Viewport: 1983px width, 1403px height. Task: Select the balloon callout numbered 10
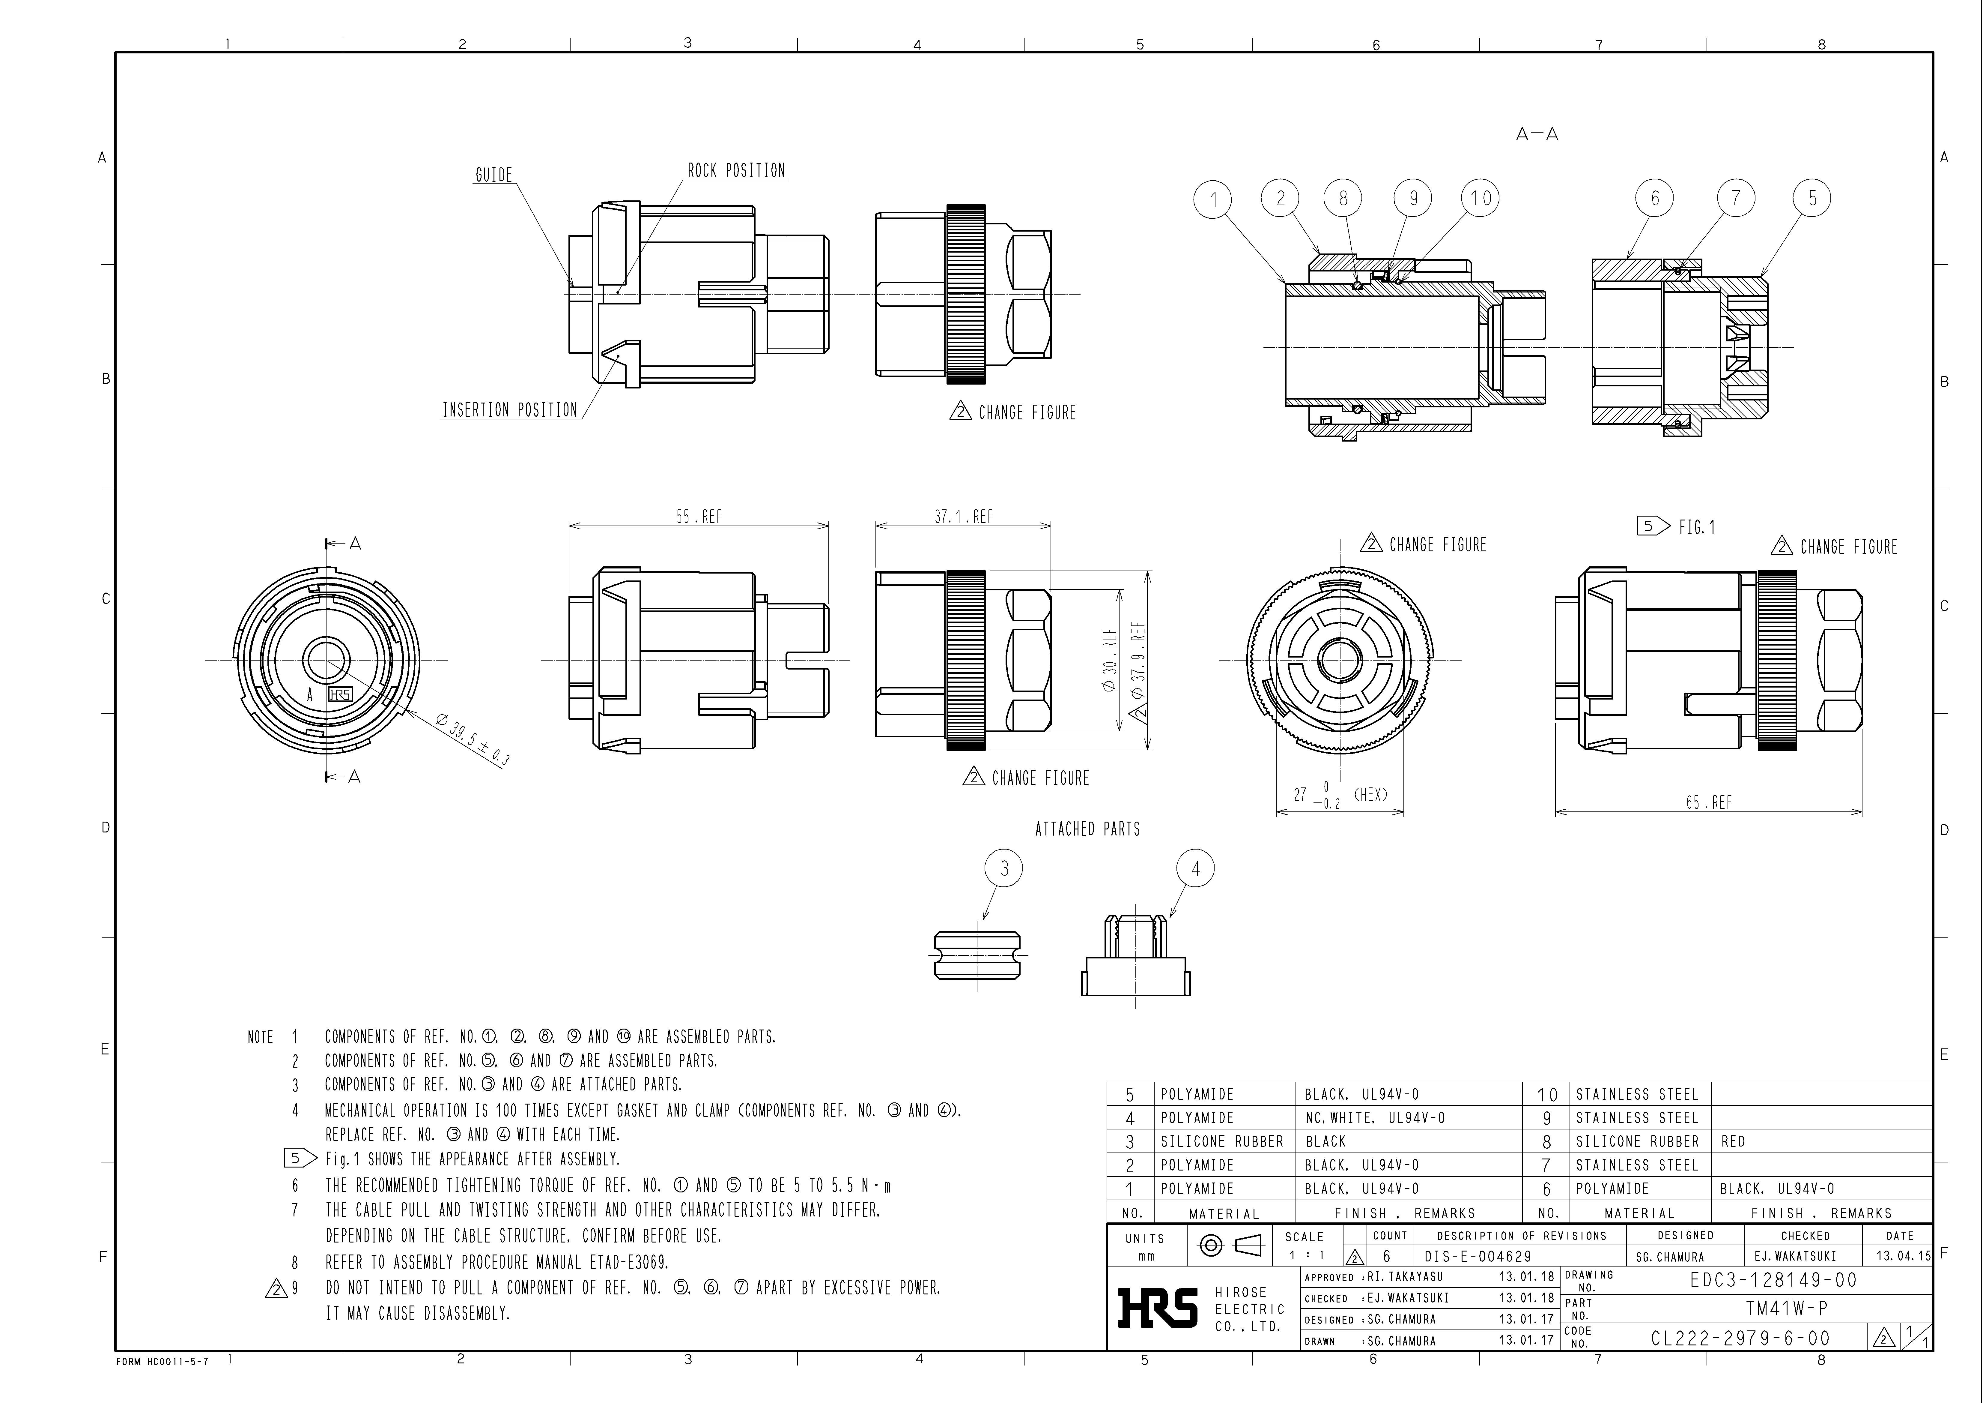[1480, 199]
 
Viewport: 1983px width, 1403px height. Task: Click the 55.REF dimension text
[699, 517]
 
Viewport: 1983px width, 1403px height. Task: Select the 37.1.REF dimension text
[963, 517]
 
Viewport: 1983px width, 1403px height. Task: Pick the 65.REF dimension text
[1708, 802]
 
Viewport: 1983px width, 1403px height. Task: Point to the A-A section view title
[1537, 134]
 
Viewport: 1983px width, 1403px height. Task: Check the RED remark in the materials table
[1733, 1141]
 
